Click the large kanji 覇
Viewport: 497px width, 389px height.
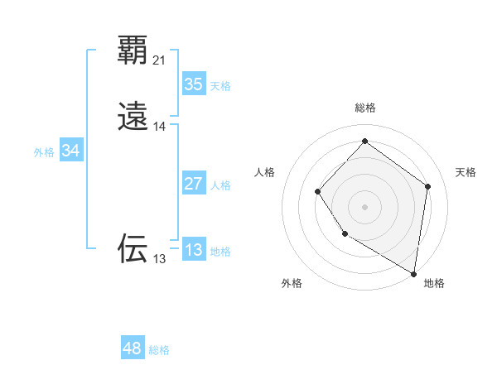(x=133, y=50)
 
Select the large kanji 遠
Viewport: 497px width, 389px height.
(x=133, y=117)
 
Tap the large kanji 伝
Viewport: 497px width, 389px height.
(x=133, y=248)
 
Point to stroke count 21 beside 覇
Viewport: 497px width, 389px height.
(x=160, y=60)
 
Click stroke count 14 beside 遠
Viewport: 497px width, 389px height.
(x=160, y=127)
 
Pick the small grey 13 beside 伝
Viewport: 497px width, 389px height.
(x=159, y=259)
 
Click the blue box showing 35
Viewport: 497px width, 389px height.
(x=193, y=84)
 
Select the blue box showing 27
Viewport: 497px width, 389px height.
(x=193, y=183)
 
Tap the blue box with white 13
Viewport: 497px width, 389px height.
(x=193, y=249)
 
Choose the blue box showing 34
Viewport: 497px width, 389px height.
(x=71, y=151)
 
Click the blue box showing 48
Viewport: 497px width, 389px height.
(x=133, y=348)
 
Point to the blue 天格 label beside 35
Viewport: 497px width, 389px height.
(x=220, y=86)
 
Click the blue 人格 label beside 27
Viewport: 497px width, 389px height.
(x=220, y=185)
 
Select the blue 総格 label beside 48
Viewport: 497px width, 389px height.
(x=159, y=351)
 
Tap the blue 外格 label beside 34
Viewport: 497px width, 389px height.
(x=43, y=152)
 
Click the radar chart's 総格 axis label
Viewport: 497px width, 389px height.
(x=365, y=108)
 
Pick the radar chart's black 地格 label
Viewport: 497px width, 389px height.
(x=434, y=283)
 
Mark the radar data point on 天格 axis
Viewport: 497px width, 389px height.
(x=428, y=186)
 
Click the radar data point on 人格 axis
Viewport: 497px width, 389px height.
(x=318, y=192)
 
